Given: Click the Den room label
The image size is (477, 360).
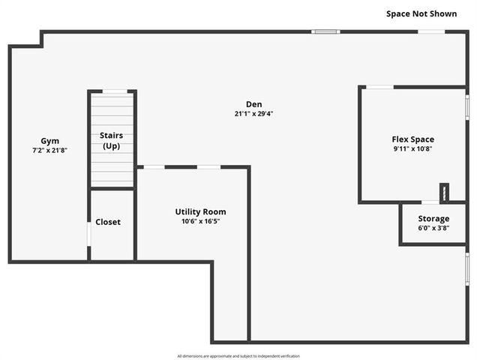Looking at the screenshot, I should point(253,104).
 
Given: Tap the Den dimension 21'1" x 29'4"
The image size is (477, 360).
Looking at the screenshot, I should point(253,114).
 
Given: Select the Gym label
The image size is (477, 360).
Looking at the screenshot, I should point(49,141).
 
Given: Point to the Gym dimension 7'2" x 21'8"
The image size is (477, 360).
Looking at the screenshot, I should point(49,151).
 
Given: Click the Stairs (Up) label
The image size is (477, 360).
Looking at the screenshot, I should point(112,140).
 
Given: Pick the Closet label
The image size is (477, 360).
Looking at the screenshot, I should point(108,222).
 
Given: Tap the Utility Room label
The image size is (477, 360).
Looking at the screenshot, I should point(200,211).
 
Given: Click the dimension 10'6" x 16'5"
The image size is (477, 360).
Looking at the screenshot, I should point(200,221).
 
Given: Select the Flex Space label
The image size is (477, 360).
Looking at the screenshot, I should point(412,139).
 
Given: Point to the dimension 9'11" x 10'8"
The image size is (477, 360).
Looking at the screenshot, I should point(412,148).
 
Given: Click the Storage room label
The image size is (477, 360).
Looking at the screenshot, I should point(433,218).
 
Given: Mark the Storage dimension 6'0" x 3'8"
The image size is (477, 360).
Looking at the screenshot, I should point(433,228).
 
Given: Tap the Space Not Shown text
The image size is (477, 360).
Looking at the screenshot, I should point(421,13).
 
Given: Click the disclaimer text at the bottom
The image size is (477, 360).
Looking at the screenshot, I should point(238,355).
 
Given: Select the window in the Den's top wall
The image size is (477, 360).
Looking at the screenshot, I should point(325,31).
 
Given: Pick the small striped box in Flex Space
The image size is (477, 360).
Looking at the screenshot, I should point(444,193).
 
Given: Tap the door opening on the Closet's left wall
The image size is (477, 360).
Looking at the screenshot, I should point(89,233).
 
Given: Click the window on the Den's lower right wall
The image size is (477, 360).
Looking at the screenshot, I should point(466,268).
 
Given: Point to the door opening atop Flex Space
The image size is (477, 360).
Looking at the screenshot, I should point(379,87).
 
